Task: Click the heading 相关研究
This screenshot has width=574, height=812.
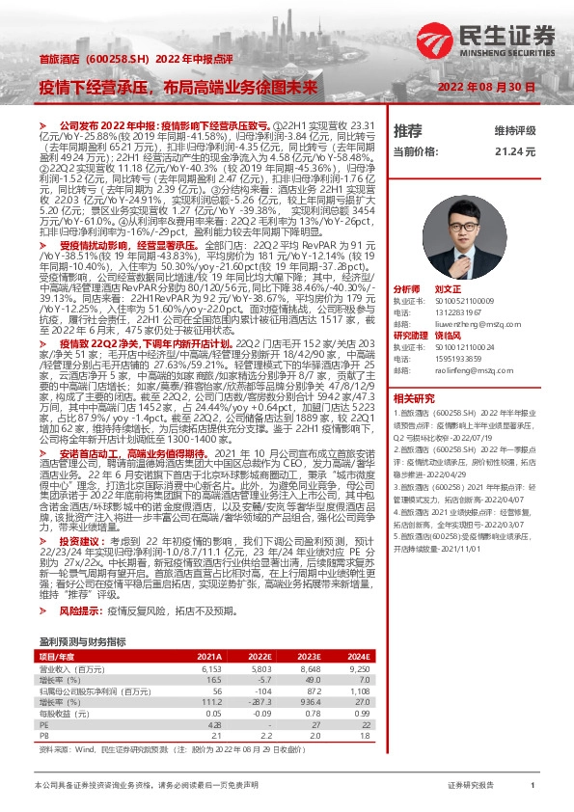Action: (x=414, y=398)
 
